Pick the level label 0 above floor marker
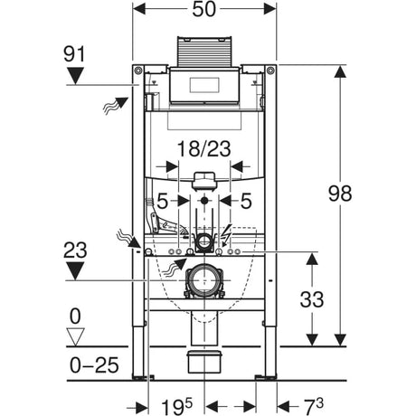76,317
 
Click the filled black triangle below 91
76,77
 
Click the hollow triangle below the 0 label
76,337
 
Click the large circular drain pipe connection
205,281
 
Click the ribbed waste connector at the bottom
204,365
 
